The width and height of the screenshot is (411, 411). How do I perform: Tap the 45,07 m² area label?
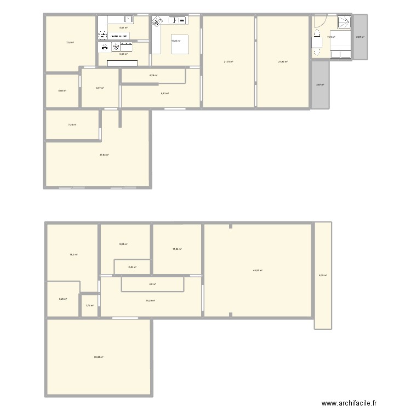[257, 270]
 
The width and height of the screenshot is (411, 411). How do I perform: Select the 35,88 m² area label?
[99, 357]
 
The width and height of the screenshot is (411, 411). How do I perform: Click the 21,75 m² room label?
[229, 61]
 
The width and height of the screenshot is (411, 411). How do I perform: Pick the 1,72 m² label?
[89, 306]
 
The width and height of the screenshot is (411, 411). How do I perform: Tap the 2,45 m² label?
[132, 267]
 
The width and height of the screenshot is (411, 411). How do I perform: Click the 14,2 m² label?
[73, 255]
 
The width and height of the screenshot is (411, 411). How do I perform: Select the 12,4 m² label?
[70, 42]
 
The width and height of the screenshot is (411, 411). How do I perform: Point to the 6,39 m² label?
[322, 275]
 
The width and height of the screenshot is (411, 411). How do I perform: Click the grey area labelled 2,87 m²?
[360, 37]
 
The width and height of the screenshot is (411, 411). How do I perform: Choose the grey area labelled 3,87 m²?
[320, 84]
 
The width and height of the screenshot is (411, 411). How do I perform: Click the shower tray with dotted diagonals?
[343, 23]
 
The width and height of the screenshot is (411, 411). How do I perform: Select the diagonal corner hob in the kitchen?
[157, 22]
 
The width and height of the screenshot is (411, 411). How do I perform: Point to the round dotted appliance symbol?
[102, 36]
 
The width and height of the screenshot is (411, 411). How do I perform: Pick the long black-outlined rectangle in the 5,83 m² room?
[122, 64]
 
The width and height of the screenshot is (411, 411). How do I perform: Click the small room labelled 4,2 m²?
[152, 284]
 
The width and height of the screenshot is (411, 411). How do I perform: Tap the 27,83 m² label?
[104, 155]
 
